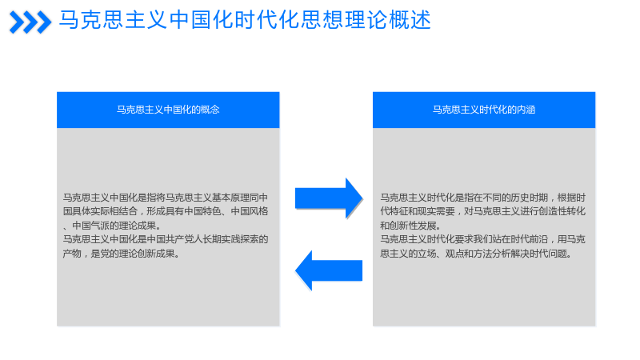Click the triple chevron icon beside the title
click(x=30, y=22)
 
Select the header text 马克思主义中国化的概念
click(x=168, y=110)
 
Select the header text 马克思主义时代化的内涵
click(x=484, y=110)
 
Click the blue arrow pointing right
click(x=329, y=198)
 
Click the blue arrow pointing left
click(x=329, y=270)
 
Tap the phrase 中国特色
click(x=202, y=211)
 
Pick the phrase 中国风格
click(x=250, y=211)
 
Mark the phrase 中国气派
click(x=90, y=226)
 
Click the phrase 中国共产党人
click(x=174, y=239)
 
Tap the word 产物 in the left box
click(x=72, y=254)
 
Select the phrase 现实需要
click(x=436, y=211)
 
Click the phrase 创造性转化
click(x=562, y=211)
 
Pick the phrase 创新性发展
click(x=413, y=226)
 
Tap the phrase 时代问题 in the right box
click(x=548, y=254)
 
